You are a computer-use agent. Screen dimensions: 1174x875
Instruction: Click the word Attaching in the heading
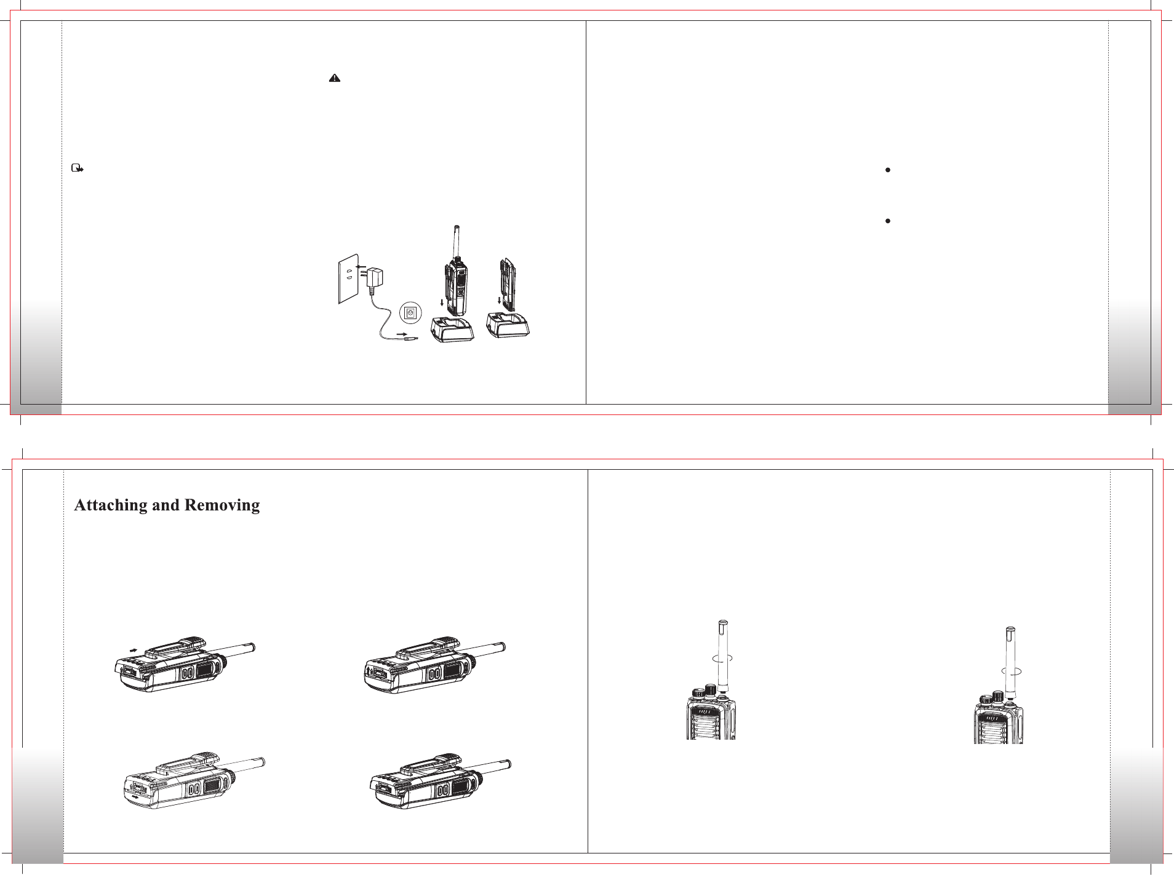pos(111,505)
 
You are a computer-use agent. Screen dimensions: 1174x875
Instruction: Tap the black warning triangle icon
pos(335,78)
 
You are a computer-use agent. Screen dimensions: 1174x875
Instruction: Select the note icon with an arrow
pos(78,168)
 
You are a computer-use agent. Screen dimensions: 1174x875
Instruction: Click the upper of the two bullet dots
pos(888,170)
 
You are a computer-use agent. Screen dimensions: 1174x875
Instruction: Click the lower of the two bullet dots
pos(888,221)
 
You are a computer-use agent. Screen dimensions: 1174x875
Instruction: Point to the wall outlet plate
pos(348,279)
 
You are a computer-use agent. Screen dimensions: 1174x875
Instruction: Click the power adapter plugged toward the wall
pos(373,280)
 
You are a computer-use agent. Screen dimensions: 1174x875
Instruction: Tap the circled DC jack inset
pos(410,313)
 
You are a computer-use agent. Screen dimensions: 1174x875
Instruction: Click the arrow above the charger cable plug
pos(404,334)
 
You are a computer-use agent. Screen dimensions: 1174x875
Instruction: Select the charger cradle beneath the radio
pos(453,329)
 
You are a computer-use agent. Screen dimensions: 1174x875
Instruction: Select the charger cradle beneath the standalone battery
pos(508,325)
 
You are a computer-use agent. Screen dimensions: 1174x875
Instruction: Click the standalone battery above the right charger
pos(508,285)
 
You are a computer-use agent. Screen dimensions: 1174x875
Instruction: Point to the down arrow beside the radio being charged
pos(442,303)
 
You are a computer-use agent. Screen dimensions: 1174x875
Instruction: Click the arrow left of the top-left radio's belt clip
pos(134,649)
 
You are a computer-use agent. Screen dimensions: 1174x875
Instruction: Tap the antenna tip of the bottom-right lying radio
pos(508,764)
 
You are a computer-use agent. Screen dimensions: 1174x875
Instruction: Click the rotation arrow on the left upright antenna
pos(722,658)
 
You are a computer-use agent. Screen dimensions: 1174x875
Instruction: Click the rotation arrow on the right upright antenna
pos(1011,671)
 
